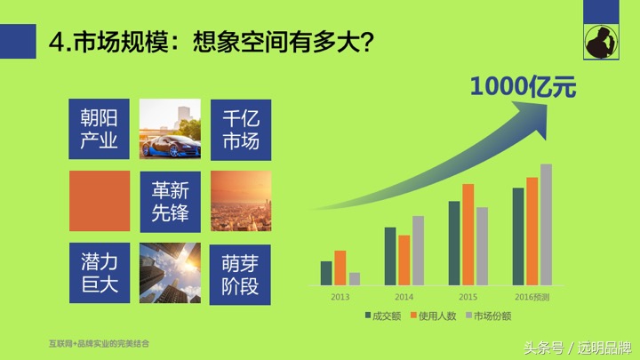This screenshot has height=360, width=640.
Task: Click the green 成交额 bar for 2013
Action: pos(325,273)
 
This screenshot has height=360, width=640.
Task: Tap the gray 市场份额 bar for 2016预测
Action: pos(546,224)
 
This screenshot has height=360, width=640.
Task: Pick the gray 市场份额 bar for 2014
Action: pos(418,251)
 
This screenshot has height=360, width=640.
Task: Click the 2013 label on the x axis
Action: pos(340,297)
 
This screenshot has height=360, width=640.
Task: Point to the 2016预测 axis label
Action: pos(532,297)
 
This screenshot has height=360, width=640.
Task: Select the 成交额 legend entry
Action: pos(383,316)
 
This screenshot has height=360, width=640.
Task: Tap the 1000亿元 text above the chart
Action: pos(523,87)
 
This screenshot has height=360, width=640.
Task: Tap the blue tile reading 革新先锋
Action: pos(170,201)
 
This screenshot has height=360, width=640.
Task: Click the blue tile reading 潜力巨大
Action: pos(100,273)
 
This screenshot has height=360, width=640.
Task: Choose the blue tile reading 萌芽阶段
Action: pos(241,273)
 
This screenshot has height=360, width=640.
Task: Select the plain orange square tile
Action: pos(100,201)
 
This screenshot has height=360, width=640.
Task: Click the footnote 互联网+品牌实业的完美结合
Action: pos(100,342)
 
